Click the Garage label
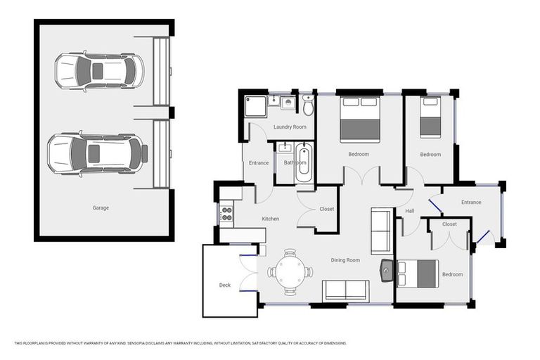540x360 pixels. tap(101, 207)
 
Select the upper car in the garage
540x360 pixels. tap(99, 71)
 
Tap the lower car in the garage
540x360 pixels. tap(97, 153)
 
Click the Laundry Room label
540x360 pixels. tap(290, 127)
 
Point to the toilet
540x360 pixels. tap(308, 107)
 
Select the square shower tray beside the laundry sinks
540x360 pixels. tap(255, 106)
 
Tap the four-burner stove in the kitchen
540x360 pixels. tap(226, 212)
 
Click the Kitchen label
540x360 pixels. tap(271, 219)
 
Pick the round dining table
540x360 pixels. tap(290, 271)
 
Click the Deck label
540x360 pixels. tap(225, 285)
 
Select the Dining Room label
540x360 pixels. tap(345, 260)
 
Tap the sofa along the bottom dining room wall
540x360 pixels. tap(345, 290)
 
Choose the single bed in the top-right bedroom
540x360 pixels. tap(430, 117)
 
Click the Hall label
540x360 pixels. tap(410, 211)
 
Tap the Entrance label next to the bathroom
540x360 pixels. tap(259, 163)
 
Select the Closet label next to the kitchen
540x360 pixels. tap(326, 209)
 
